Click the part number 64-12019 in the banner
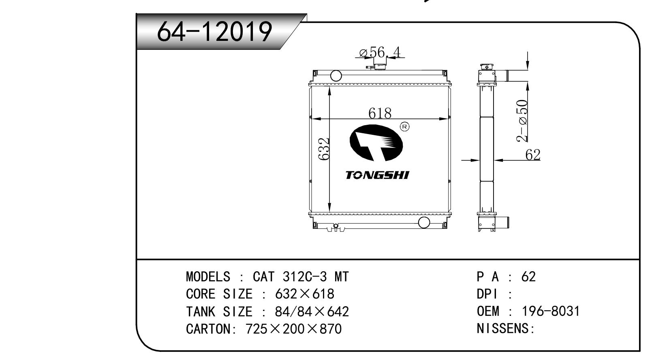coord(214,32)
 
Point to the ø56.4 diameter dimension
coord(380,53)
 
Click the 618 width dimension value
coord(380,113)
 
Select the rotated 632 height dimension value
coord(324,149)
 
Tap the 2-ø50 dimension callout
coord(522,121)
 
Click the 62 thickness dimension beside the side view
coord(533,155)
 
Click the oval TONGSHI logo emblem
coord(376,143)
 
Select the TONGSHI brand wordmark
coord(377,175)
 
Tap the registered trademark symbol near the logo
coord(404,127)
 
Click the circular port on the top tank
coord(336,76)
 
